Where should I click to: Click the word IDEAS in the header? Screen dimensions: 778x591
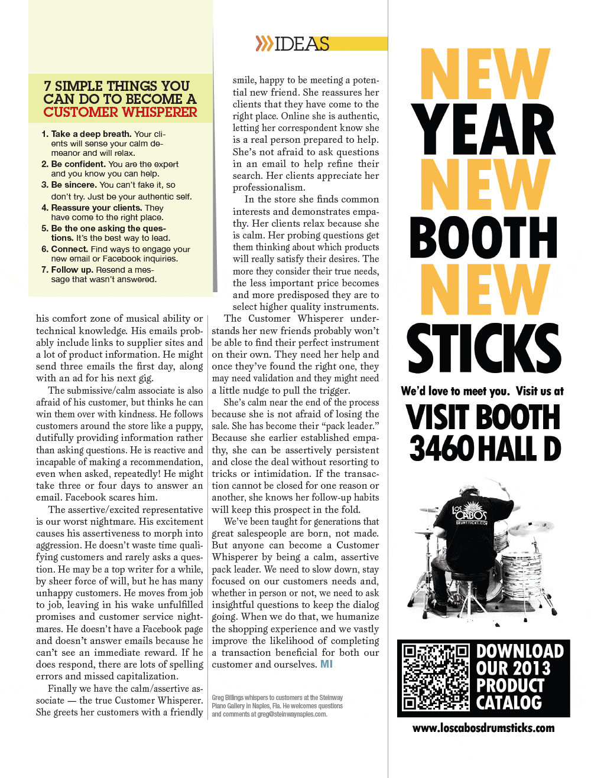point(302,44)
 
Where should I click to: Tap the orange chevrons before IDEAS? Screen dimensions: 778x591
point(264,43)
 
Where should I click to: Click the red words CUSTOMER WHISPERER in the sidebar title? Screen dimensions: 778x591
point(120,112)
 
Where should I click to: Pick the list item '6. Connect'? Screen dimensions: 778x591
point(116,254)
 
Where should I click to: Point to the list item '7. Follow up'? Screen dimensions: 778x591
point(99,274)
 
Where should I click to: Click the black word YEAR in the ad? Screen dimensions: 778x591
point(483,130)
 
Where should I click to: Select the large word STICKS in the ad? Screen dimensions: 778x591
point(483,348)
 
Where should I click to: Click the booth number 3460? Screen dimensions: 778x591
point(441,449)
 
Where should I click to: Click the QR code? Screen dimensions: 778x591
point(436,677)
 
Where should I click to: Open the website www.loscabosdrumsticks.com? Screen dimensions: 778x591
point(483,728)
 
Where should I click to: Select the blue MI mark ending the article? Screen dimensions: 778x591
point(326,664)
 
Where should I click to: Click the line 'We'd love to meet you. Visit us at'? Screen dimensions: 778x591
point(482,391)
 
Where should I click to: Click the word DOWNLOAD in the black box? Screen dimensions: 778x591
point(520,651)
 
